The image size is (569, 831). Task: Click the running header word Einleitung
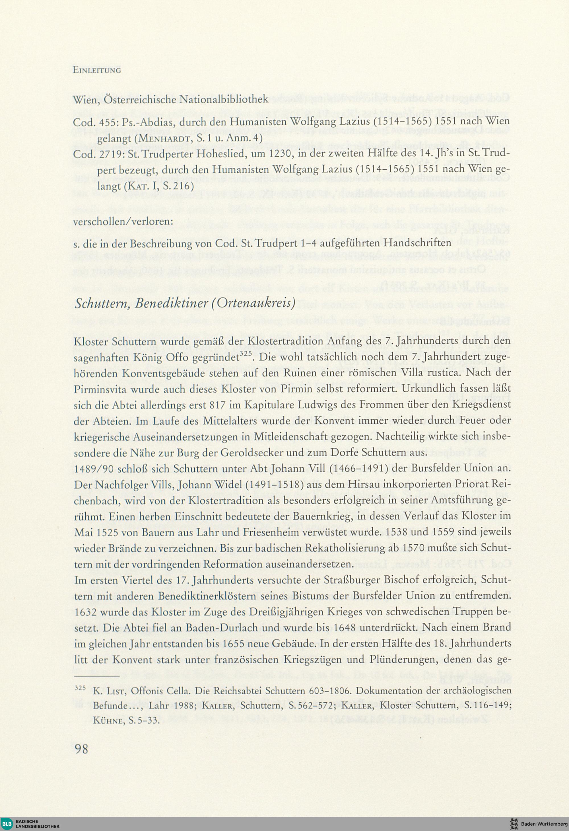pyautogui.click(x=97, y=70)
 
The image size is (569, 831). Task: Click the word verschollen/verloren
pyautogui.click(x=123, y=221)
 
